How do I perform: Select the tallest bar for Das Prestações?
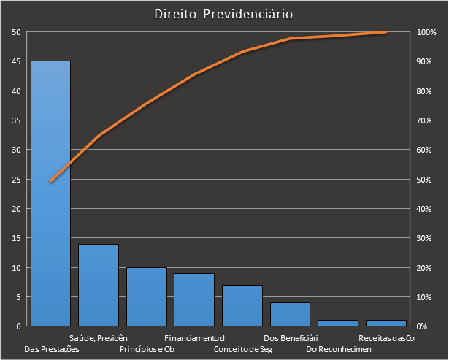click(50, 194)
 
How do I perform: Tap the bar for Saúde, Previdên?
click(99, 285)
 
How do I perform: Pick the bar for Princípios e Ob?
click(146, 296)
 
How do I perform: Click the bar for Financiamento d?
click(194, 299)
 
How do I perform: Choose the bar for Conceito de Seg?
click(242, 305)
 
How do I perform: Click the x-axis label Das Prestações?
click(52, 349)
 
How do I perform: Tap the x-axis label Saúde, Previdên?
click(99, 338)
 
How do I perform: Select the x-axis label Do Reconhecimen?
click(339, 349)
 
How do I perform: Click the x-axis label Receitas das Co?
click(386, 338)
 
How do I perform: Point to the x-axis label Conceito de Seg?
click(242, 349)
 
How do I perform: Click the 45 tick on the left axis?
click(16, 61)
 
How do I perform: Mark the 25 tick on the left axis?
click(16, 179)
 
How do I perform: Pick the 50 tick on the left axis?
click(16, 32)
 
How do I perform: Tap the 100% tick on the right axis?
click(426, 32)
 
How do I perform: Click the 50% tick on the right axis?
click(426, 179)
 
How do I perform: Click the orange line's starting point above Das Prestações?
click(50, 181)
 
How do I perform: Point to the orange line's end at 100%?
click(385, 32)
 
